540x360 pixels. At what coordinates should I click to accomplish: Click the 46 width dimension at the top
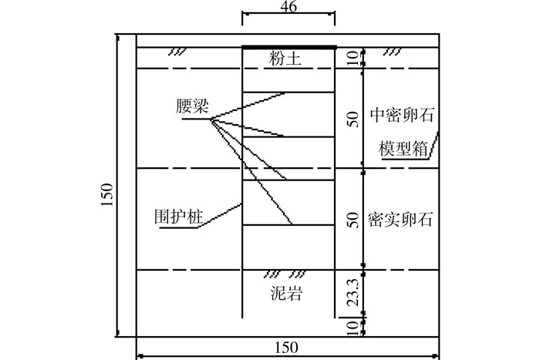coord(289,6)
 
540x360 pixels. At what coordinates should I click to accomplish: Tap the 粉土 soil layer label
coord(285,58)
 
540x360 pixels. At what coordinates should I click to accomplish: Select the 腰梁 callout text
coord(192,106)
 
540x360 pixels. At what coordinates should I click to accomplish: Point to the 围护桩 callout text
coord(179,217)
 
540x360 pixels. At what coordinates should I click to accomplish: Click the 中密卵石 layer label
coord(402,115)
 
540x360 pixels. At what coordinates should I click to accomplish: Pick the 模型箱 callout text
coord(403,149)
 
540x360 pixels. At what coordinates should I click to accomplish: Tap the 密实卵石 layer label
coord(400,219)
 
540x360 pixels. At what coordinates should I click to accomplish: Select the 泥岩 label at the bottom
coord(286,294)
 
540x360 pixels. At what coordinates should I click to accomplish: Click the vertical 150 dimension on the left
coord(107,195)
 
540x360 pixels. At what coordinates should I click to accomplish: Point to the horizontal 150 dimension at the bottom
coord(286,348)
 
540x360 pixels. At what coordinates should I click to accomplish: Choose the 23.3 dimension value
coord(353,292)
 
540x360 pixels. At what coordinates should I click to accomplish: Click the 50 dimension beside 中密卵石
coord(353,119)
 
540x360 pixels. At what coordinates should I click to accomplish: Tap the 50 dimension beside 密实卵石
coord(353,220)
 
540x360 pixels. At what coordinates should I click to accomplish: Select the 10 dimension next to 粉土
coord(353,58)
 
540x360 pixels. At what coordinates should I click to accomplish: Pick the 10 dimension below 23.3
coord(353,329)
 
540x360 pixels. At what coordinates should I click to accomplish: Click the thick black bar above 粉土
coord(289,47)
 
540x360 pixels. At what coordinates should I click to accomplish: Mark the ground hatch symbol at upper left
coord(177,52)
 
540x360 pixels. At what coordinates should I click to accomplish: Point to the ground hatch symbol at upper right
coord(392,52)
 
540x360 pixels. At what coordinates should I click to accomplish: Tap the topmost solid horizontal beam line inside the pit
coord(289,93)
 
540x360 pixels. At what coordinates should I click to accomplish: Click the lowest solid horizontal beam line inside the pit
coord(289,225)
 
